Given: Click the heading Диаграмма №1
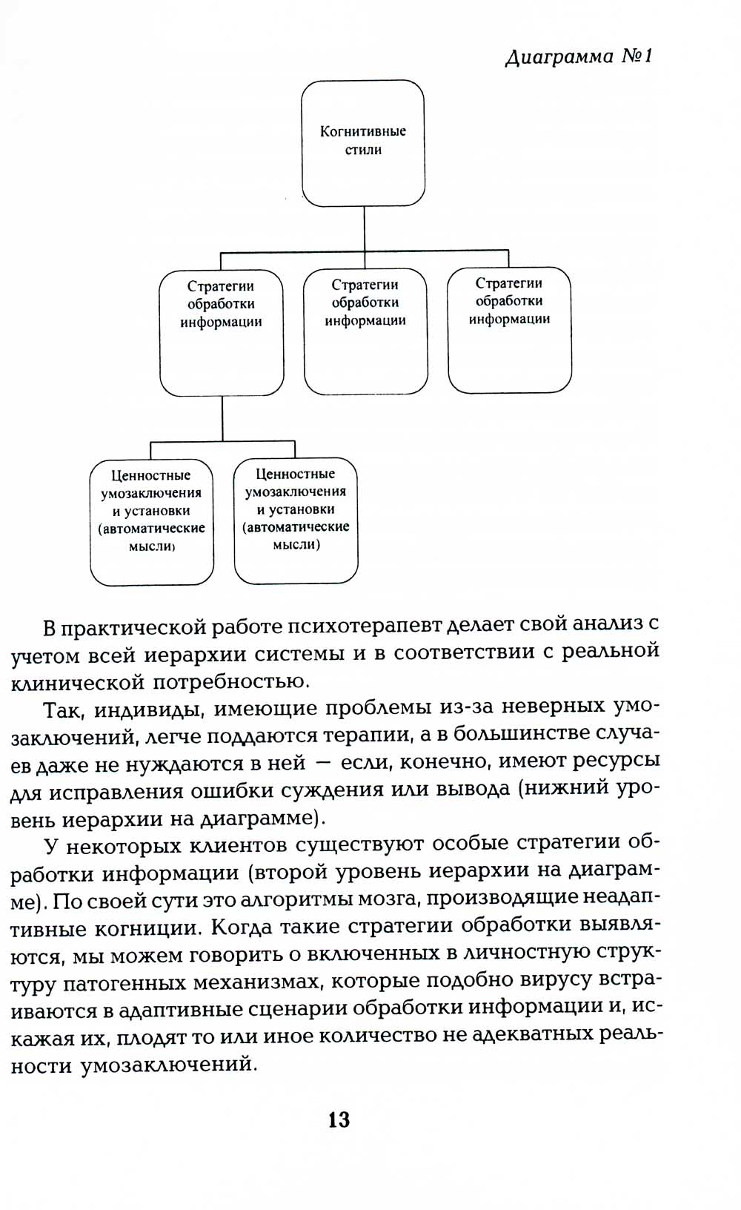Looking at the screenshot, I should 578,57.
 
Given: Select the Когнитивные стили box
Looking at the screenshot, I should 363,142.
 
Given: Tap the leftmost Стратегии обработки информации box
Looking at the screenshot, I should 222,333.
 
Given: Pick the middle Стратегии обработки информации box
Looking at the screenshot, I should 365,331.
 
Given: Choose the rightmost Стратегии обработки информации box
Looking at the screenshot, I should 510,329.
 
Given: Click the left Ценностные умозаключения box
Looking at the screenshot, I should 151,521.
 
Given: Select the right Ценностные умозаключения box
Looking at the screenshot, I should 296,520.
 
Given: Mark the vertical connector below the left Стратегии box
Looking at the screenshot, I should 222,419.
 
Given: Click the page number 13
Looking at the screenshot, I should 339,1120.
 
